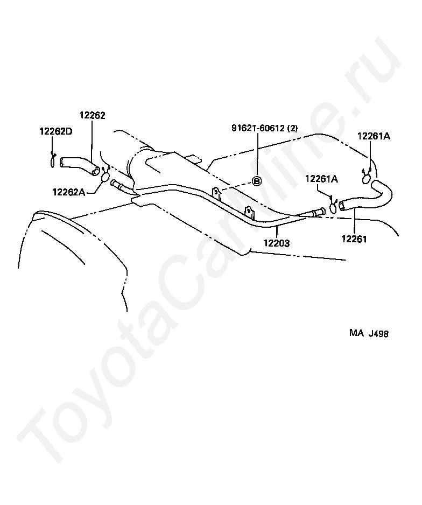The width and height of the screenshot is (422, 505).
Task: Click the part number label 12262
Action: click(x=93, y=115)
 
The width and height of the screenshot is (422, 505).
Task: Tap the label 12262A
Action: click(x=69, y=191)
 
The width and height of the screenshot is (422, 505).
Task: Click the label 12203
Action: click(x=277, y=243)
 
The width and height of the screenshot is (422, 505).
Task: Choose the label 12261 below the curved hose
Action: click(x=354, y=239)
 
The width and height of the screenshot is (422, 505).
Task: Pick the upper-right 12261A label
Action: click(x=374, y=136)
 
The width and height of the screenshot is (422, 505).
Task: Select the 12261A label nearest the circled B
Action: click(x=322, y=179)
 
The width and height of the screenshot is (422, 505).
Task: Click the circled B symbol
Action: click(x=257, y=181)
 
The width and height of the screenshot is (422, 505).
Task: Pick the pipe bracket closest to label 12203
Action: click(x=249, y=211)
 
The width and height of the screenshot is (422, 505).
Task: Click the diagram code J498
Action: click(x=378, y=333)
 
